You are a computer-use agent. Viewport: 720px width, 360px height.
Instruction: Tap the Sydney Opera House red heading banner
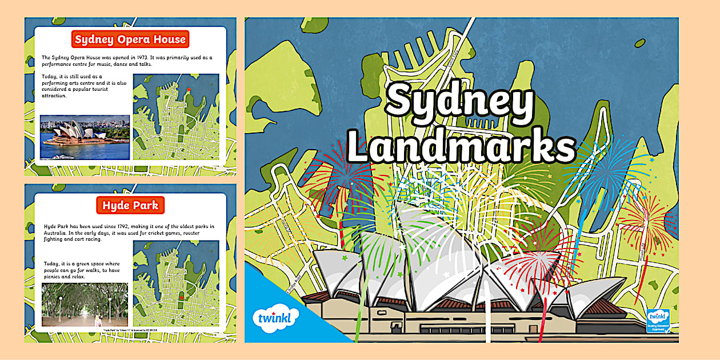[x=130, y=40]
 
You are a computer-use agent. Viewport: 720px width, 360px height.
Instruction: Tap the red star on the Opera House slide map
[x=189, y=90]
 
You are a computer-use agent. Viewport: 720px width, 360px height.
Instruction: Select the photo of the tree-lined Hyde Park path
[x=85, y=305]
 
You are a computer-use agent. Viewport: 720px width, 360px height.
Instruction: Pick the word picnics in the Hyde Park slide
[x=52, y=277]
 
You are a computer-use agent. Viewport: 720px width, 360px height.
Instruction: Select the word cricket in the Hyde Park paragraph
[x=143, y=233]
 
